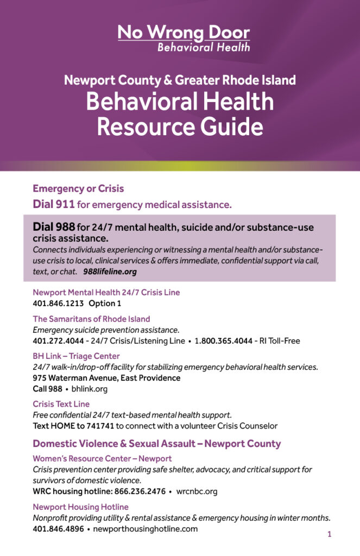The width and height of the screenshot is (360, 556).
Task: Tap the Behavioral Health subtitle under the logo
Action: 204,47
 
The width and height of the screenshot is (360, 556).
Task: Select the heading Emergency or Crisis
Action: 78,189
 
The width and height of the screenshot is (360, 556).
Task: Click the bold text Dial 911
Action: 54,205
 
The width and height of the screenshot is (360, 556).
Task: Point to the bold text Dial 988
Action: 54,227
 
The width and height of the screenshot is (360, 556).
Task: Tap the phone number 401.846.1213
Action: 58,304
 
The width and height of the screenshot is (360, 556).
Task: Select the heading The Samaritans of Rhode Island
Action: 91,319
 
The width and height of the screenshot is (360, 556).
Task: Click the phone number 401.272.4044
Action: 58,341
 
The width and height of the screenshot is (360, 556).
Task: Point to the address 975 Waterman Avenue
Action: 106,378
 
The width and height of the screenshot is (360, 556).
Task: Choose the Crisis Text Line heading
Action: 61,404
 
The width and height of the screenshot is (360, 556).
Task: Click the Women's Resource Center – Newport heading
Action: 102,458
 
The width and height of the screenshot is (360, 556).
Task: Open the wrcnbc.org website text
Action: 197,491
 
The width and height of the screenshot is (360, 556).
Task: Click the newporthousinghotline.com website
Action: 145,528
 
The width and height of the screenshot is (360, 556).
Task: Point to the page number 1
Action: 329,534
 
